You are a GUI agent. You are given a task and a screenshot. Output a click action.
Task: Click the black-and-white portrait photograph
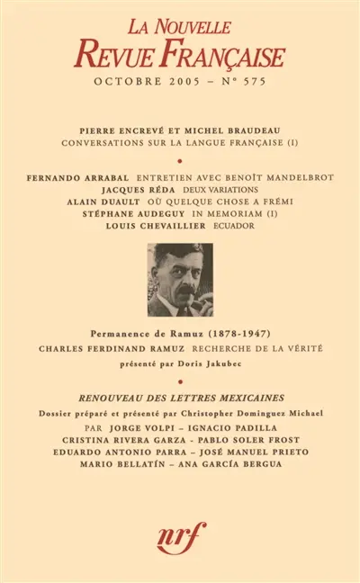point(180,279)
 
